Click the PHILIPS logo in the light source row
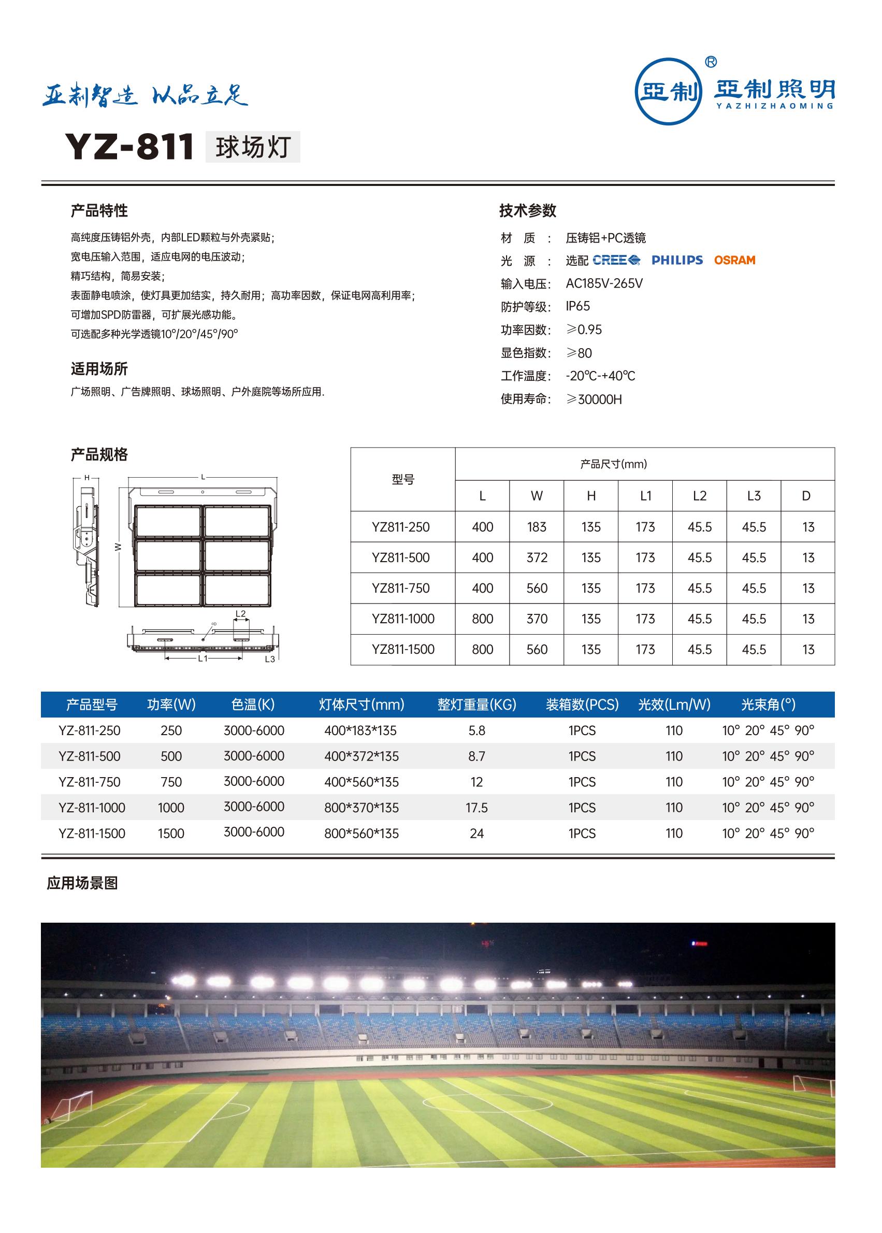(677, 260)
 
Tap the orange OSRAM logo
(734, 260)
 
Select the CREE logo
(616, 260)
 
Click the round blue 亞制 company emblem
(669, 91)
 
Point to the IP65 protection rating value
(577, 306)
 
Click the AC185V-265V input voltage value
(604, 283)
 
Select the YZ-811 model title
(129, 147)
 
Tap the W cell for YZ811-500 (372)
(537, 558)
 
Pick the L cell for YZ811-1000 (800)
(482, 619)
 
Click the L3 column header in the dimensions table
(754, 496)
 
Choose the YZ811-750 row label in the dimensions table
(401, 588)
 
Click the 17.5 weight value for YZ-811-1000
(476, 808)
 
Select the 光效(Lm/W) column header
(674, 705)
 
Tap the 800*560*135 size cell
(361, 833)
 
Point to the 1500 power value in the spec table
(171, 833)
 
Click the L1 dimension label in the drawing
(203, 658)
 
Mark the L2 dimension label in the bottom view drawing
(241, 614)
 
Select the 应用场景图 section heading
(82, 883)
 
